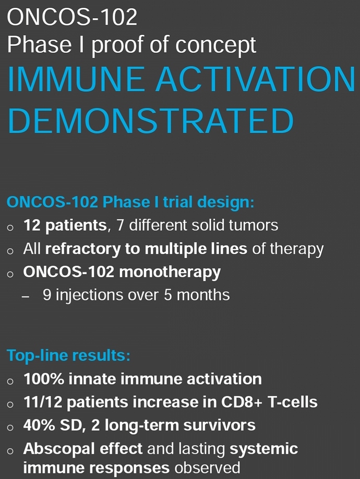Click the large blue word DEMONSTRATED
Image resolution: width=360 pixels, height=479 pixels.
coord(150,121)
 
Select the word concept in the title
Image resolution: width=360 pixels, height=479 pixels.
coord(215,45)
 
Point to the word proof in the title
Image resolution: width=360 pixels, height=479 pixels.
coord(118,45)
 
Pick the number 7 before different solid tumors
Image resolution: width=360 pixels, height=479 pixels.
coord(120,226)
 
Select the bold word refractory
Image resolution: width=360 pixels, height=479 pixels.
coord(82,249)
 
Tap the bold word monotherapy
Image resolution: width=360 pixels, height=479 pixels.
coord(170,272)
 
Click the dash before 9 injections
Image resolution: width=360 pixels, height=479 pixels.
coord(26,296)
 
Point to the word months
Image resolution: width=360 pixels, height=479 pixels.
coord(203,295)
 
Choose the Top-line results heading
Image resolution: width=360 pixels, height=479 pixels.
coord(68,355)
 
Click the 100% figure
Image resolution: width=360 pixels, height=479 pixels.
coord(44,379)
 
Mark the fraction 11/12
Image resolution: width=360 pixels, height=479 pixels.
coord(42,402)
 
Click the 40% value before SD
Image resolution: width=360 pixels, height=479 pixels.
coord(39,425)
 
